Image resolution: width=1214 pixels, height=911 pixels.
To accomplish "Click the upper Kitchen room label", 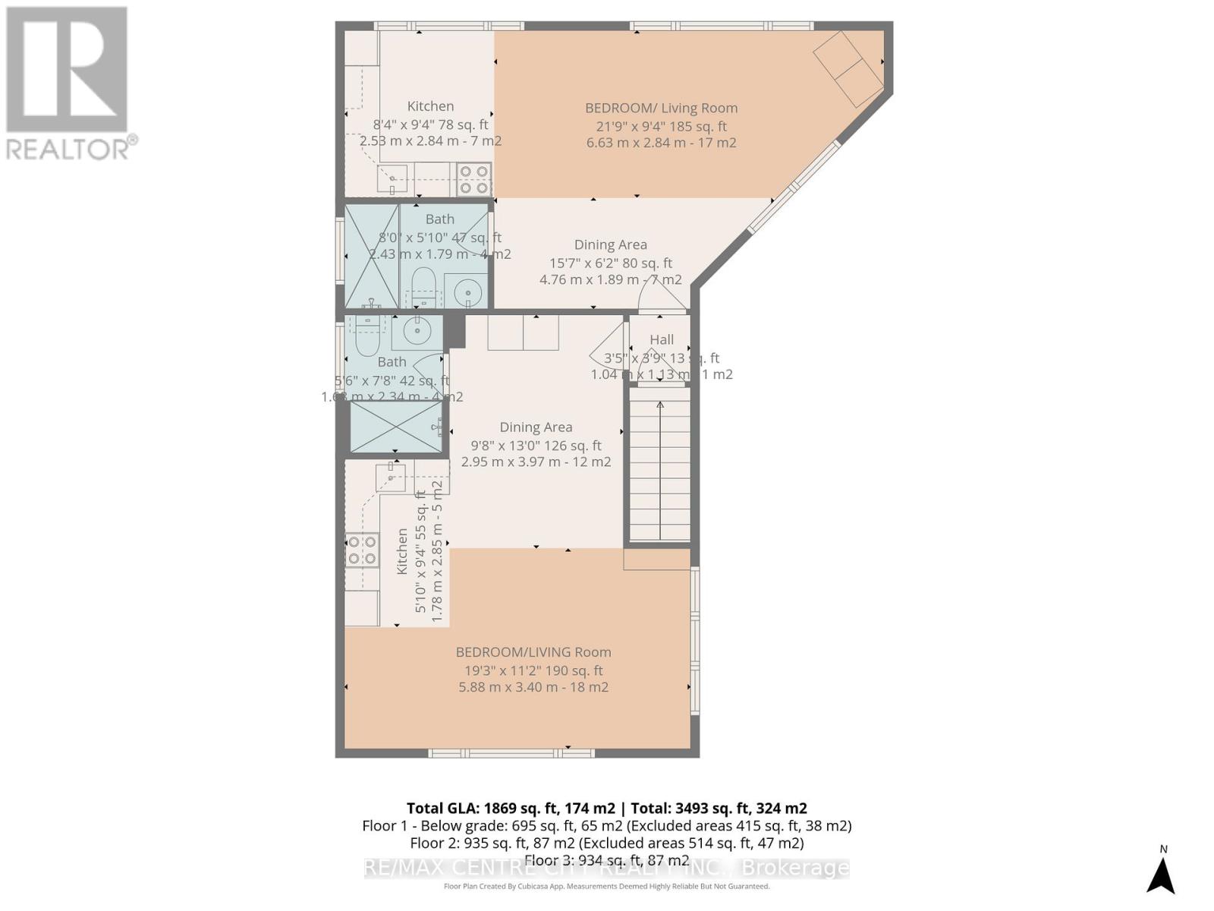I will pyautogui.click(x=430, y=106).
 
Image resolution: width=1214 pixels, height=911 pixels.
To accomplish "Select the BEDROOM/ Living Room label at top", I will pyautogui.click(x=661, y=108).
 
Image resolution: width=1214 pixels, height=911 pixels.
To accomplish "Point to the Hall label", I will pyautogui.click(x=662, y=339).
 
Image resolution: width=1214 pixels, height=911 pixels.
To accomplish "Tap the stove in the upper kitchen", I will pyautogui.click(x=474, y=179).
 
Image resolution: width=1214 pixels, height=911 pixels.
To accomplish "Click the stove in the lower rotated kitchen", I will pyautogui.click(x=362, y=550).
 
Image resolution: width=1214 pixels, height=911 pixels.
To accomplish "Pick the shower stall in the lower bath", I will pyautogui.click(x=395, y=427).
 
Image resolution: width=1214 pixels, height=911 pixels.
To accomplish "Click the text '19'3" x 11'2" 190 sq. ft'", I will pyautogui.click(x=533, y=670).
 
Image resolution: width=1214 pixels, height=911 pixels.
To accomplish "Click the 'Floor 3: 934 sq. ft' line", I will pyautogui.click(x=606, y=860).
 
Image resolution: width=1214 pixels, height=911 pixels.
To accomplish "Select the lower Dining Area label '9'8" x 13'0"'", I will pyautogui.click(x=536, y=446).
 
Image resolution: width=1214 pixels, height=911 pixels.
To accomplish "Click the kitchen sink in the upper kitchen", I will pyautogui.click(x=392, y=179).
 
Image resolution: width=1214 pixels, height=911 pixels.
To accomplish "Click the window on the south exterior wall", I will pyautogui.click(x=511, y=753).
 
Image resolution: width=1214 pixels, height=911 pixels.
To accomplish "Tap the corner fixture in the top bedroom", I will pyautogui.click(x=848, y=69).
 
